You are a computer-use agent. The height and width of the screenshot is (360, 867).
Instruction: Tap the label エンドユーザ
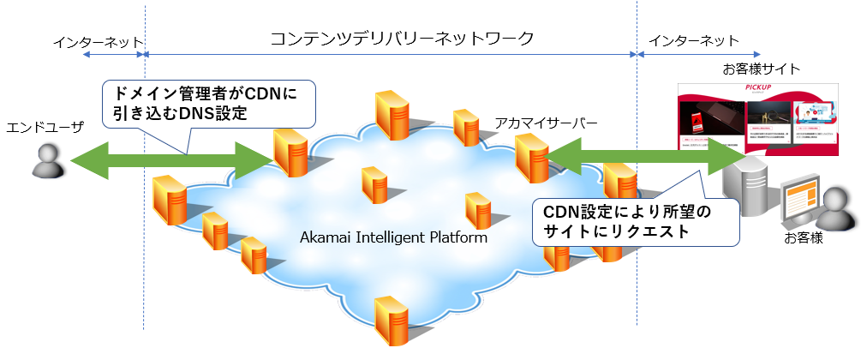click(x=40, y=128)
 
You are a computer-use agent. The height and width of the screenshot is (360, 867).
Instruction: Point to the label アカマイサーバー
click(x=546, y=123)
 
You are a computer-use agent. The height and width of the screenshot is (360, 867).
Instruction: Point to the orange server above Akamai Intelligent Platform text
click(x=374, y=184)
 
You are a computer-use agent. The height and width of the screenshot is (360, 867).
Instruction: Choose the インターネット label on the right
click(x=693, y=42)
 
